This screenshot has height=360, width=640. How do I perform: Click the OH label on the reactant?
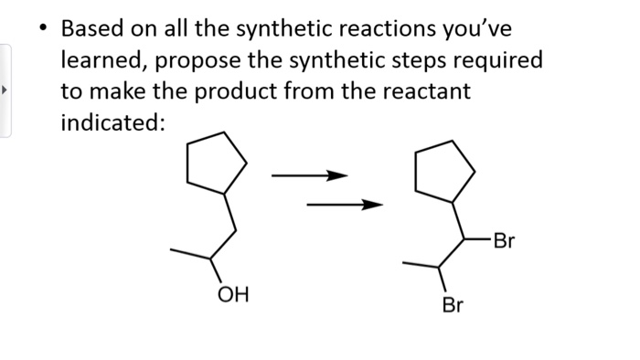coord(231,294)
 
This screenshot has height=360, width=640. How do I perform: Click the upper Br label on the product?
coord(504,241)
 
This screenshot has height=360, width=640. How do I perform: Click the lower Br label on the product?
coord(452,305)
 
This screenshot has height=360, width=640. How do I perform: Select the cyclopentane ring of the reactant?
coord(216,164)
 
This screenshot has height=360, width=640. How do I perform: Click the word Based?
coord(93,28)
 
